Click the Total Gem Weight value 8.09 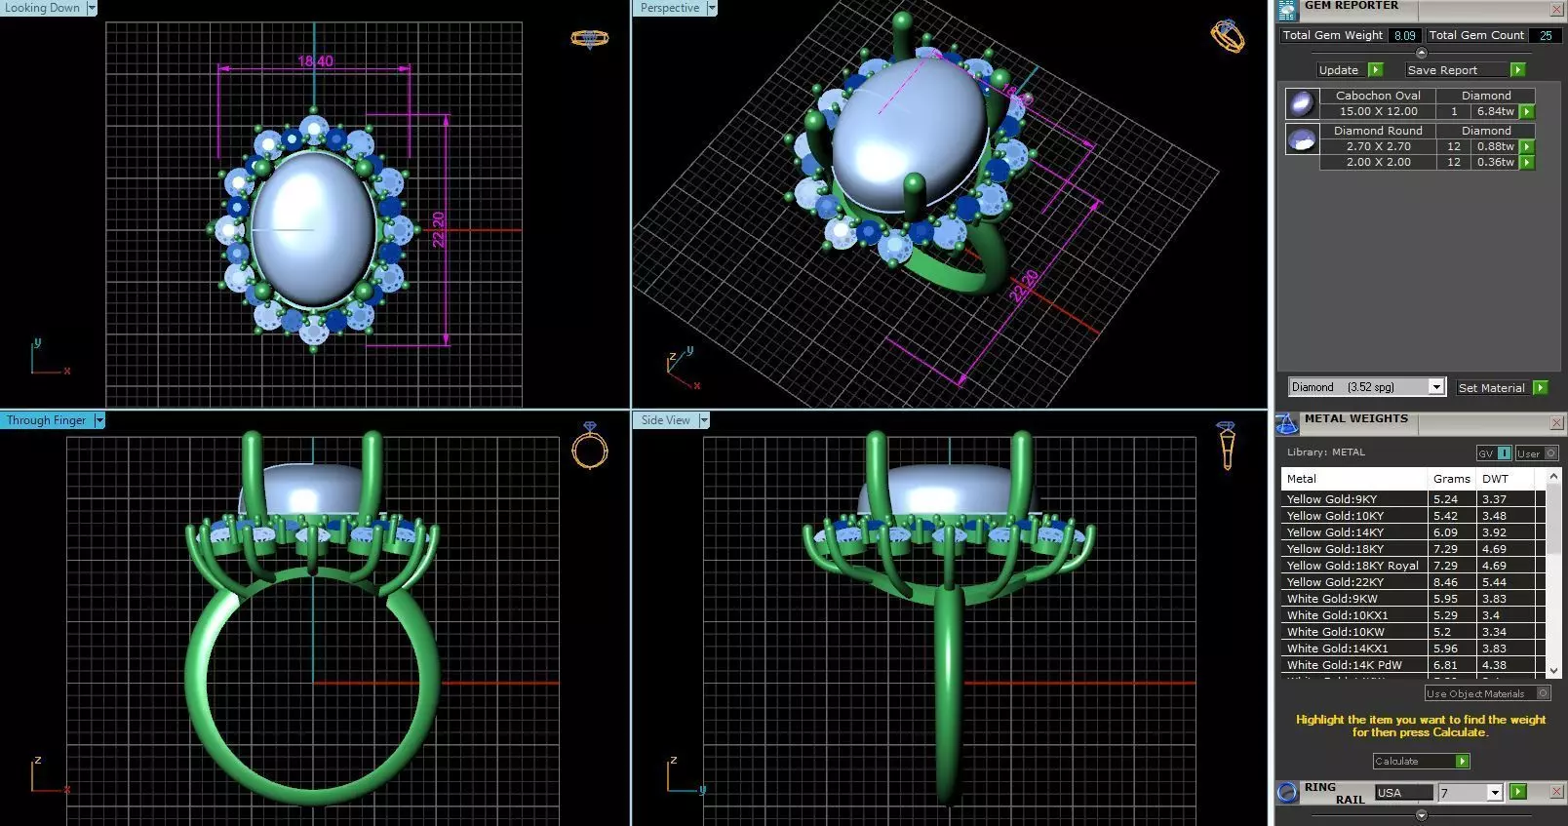[1404, 35]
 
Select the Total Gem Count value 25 [1546, 35]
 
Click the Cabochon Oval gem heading [1377, 96]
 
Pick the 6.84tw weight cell [1495, 111]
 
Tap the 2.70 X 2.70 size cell [1378, 146]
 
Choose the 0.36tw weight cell [1495, 162]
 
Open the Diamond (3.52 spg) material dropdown [1365, 387]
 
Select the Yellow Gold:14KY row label [1335, 532]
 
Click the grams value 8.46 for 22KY [1445, 582]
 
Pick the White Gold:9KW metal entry [1332, 599]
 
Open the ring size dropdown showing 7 [1470, 793]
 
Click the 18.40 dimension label [315, 61]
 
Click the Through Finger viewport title [46, 420]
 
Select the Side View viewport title [665, 420]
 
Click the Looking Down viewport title [42, 8]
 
